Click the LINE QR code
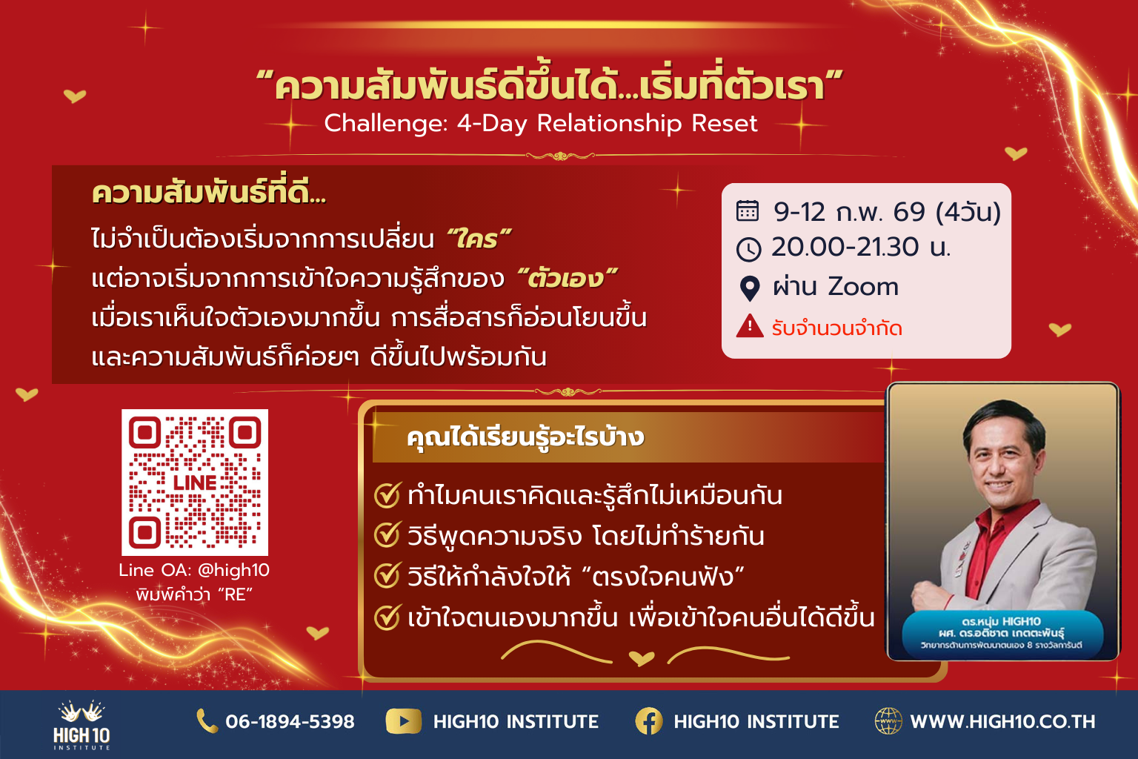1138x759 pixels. click(x=195, y=482)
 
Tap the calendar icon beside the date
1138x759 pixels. click(x=748, y=211)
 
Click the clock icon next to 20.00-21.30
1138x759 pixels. click(x=748, y=250)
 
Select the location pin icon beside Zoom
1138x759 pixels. click(x=749, y=288)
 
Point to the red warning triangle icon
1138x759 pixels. click(x=749, y=326)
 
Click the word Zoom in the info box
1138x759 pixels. click(x=863, y=288)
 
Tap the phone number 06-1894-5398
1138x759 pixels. click(x=290, y=721)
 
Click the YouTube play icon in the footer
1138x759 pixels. click(x=403, y=721)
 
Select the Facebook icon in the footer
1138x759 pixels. click(x=649, y=721)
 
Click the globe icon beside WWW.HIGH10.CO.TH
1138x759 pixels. click(x=888, y=721)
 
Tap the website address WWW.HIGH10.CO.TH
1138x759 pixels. click(x=1002, y=722)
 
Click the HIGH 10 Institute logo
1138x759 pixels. click(x=81, y=725)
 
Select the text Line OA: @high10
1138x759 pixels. click(x=194, y=571)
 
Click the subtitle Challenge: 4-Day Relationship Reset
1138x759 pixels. click(x=541, y=124)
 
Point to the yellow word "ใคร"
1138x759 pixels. click(x=478, y=239)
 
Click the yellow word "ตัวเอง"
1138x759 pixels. click(x=567, y=278)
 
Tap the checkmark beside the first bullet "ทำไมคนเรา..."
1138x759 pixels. click(x=387, y=494)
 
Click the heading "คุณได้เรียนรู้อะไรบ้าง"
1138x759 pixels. click(x=525, y=438)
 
